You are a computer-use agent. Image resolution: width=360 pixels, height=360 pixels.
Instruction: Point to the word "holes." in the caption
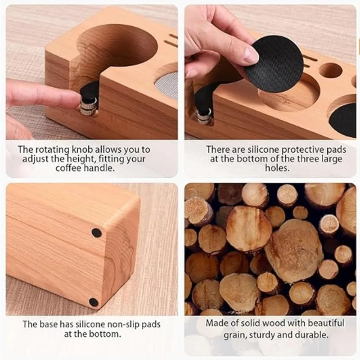tap(277, 168)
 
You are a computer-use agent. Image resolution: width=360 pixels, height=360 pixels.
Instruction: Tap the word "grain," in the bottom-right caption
tap(235, 335)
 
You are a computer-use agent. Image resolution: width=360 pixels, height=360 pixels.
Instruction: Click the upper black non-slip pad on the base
tap(96, 233)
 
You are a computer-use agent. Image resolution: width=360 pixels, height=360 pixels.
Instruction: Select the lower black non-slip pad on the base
tap(94, 302)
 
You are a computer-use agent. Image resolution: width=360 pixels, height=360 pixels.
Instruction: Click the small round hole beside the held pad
tap(330, 70)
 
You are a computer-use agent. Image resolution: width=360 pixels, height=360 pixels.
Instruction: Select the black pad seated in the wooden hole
tap(343, 120)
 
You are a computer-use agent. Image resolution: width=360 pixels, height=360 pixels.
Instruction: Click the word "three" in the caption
tap(308, 159)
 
